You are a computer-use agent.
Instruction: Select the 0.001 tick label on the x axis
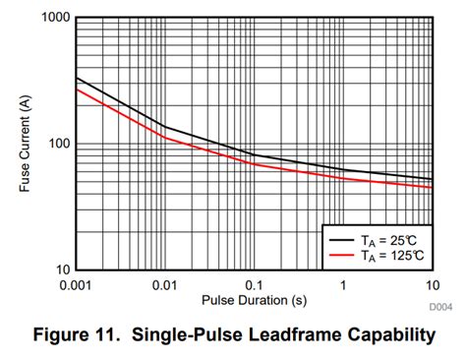coord(76,285)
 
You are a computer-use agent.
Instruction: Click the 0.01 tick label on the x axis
coord(164,285)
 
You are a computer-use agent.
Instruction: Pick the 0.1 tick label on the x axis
coord(254,285)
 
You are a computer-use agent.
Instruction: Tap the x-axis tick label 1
coord(343,285)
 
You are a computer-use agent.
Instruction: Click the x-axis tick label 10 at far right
coord(431,285)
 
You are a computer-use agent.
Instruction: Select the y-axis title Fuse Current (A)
coord(26,144)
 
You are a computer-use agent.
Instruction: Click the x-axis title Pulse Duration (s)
coord(254,299)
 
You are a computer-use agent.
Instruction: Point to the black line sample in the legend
coord(340,238)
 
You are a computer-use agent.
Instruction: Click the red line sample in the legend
coord(340,255)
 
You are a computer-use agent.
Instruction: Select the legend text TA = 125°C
coord(392,255)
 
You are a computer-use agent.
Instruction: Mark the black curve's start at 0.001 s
coord(77,78)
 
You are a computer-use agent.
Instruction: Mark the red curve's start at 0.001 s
coord(77,90)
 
